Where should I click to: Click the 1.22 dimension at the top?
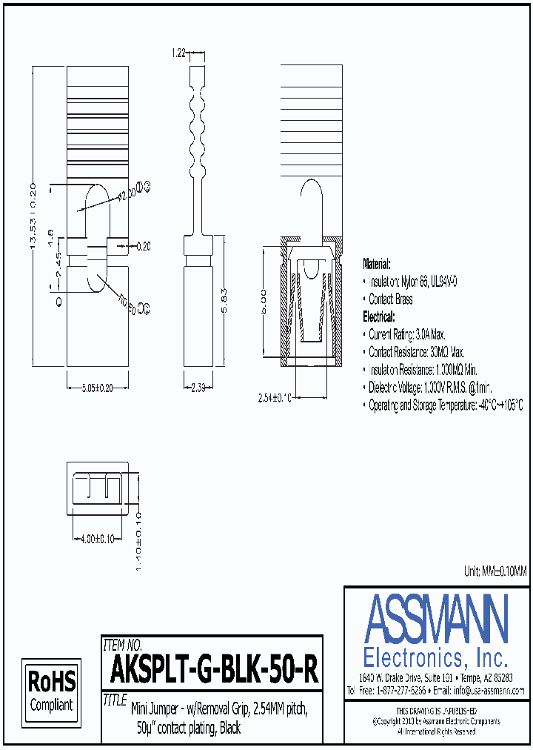tap(178, 53)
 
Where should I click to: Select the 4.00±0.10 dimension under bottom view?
tap(95, 539)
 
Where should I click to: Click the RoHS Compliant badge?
tap(51, 689)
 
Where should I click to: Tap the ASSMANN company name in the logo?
tap(436, 619)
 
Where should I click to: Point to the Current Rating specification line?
tap(417, 334)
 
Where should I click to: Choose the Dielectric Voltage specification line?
tap(430, 388)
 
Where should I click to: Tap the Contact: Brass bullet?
tap(390, 299)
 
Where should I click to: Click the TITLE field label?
tap(115, 699)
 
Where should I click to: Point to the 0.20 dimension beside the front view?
tap(142, 245)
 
